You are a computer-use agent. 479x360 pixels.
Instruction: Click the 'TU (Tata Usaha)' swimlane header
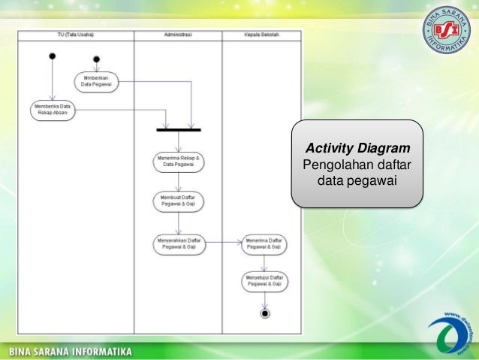76,35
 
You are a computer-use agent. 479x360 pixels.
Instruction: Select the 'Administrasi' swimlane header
177,35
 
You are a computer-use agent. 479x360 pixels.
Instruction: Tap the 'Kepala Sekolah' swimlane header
262,35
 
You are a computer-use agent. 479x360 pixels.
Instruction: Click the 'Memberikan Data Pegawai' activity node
95,81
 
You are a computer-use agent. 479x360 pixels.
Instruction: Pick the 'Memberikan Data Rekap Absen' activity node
52,110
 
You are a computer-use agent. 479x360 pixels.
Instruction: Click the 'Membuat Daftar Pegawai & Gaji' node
177,201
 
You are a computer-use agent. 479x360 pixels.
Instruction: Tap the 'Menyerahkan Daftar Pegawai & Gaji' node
177,243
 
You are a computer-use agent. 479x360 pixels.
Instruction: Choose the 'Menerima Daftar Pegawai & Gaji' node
264,243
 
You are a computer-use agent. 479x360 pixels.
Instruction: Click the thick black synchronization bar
178,130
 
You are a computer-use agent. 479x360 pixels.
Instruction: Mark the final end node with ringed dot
264,313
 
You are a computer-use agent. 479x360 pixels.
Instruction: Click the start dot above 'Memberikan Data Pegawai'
96,59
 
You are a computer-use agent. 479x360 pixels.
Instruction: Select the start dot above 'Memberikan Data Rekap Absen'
52,56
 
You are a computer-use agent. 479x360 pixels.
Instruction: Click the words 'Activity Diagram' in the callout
357,147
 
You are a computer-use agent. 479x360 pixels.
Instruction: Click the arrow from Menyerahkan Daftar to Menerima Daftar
223,242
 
